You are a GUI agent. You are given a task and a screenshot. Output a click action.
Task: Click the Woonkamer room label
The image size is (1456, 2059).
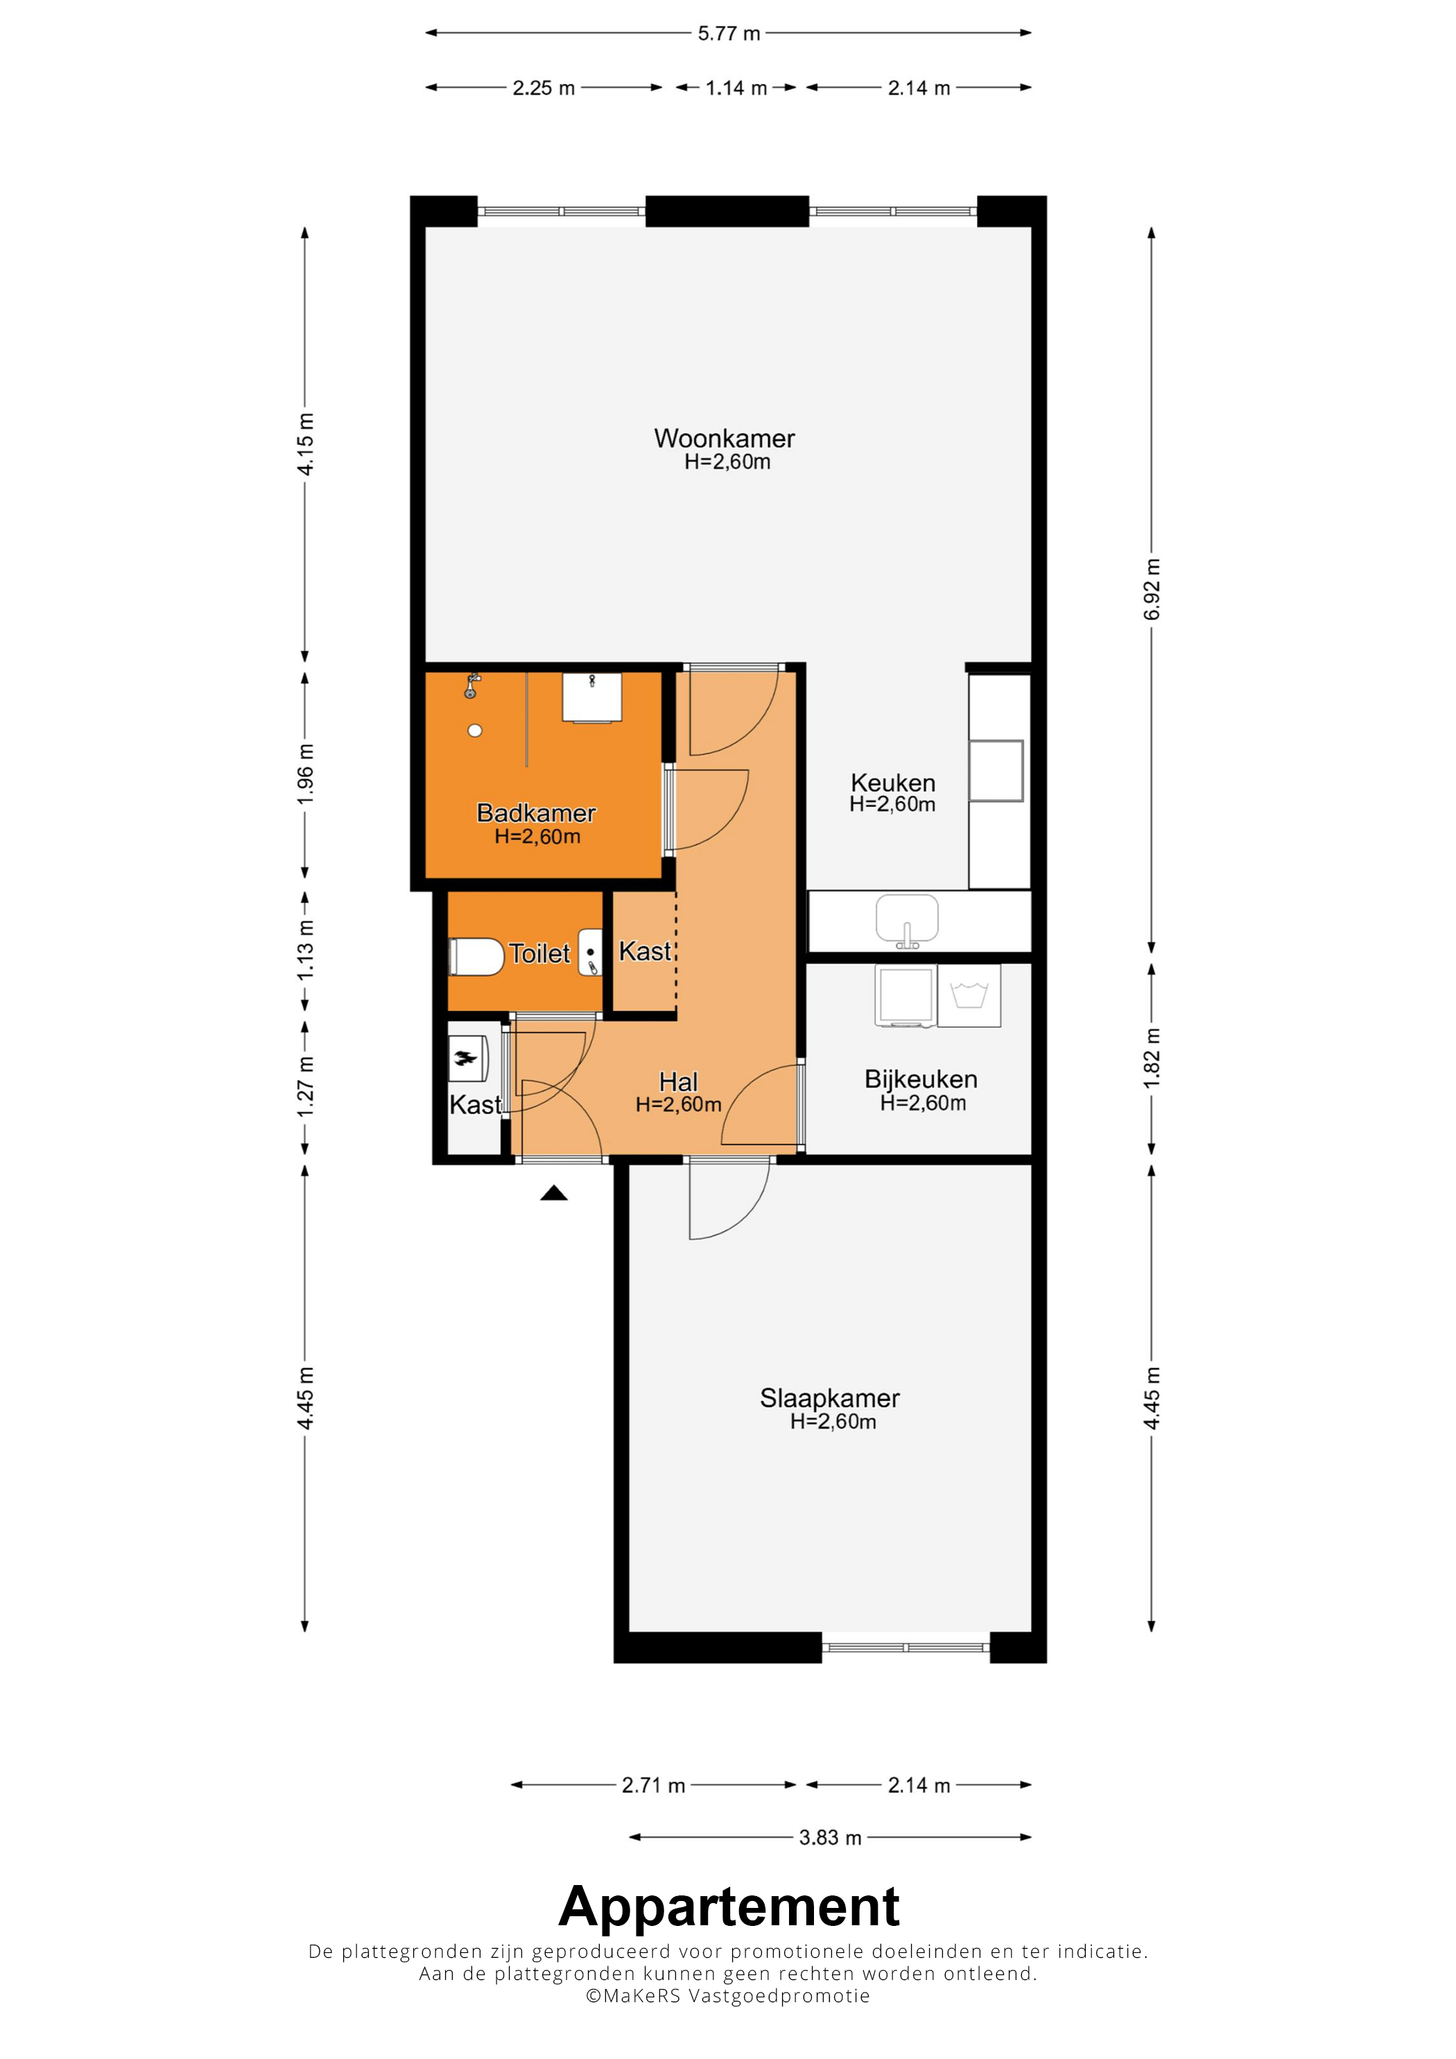point(724,439)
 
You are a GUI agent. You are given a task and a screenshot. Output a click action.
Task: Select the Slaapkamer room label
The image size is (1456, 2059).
point(830,1398)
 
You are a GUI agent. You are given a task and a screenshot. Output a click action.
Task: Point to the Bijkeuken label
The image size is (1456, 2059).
point(921,1079)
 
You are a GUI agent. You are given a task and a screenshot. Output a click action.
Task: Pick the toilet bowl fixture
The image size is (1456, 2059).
point(476,956)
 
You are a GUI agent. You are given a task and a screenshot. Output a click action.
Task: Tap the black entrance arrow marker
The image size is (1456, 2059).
point(553,1193)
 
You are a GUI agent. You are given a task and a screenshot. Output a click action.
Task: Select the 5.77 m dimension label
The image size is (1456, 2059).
point(729,33)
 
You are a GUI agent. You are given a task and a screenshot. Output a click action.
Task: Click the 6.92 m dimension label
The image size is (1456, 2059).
point(1152,588)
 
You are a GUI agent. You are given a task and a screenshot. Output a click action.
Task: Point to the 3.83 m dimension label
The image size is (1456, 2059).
point(830,1837)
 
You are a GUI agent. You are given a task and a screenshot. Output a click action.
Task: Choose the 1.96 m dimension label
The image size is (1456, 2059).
point(306,773)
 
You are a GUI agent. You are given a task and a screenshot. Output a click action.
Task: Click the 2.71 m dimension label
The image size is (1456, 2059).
point(653,1785)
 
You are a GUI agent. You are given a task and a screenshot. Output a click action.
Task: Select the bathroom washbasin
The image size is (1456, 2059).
point(592,696)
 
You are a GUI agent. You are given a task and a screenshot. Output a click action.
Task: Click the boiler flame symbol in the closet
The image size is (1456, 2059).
point(466,1058)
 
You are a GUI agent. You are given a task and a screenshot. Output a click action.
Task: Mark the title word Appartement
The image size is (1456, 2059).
point(729,1906)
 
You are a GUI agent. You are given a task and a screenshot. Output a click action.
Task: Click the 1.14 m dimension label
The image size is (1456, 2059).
point(736,88)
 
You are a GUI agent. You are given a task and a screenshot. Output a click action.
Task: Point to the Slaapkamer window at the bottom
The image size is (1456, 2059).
point(905,1647)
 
